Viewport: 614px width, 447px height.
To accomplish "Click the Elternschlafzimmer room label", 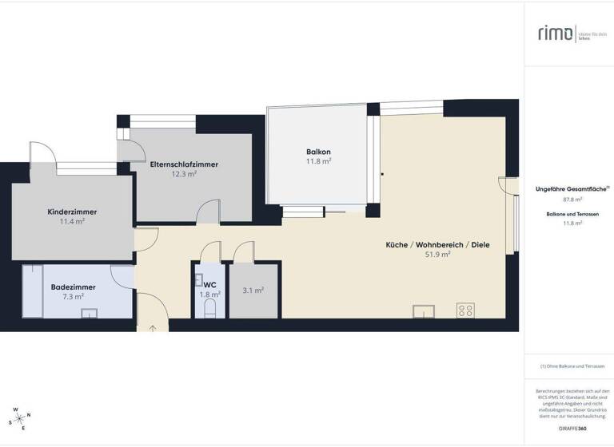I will (x=184, y=164).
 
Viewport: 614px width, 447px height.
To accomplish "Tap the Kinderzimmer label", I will (x=72, y=212).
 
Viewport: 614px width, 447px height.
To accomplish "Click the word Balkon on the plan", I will (x=318, y=152).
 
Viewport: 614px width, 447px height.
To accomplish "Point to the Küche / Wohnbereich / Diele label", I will (x=437, y=244).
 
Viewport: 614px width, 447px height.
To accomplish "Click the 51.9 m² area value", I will (x=437, y=255).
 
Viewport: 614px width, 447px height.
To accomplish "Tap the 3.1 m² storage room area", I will (x=253, y=291).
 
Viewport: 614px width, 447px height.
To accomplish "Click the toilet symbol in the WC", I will (x=211, y=307).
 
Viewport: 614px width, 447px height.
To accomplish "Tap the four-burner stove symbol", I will (x=465, y=310).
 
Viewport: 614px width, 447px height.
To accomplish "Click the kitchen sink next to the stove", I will (x=423, y=311).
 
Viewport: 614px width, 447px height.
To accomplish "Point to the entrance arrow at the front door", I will (x=152, y=327).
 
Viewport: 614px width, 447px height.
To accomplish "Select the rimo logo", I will (x=555, y=33).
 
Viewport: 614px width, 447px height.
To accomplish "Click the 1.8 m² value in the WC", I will (x=209, y=295).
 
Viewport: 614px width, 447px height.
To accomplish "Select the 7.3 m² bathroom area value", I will (x=72, y=296).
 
